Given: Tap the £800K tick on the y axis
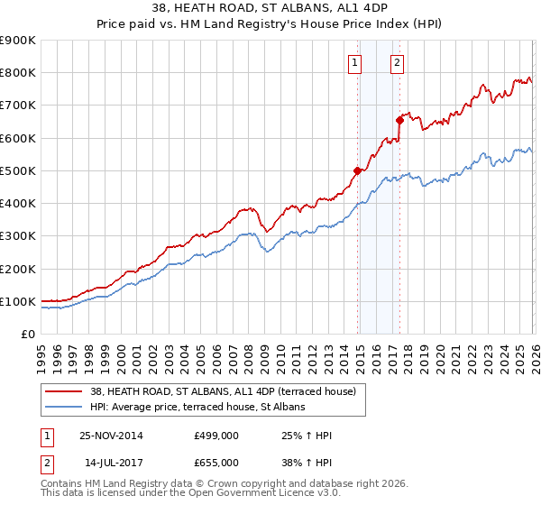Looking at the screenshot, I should pyautogui.click(x=18, y=72).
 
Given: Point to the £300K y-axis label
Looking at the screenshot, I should pyautogui.click(x=18, y=235).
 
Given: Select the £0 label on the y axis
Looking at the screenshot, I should pyautogui.click(x=28, y=334).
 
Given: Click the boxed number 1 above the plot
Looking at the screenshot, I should pyautogui.click(x=355, y=62).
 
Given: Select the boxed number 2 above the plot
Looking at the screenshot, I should pyautogui.click(x=397, y=62).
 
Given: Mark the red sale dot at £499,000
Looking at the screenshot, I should pyautogui.click(x=358, y=170).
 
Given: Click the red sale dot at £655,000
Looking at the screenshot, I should pyautogui.click(x=399, y=119).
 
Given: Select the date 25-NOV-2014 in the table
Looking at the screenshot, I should pyautogui.click(x=111, y=436).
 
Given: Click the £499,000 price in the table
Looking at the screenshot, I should pyautogui.click(x=216, y=436).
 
